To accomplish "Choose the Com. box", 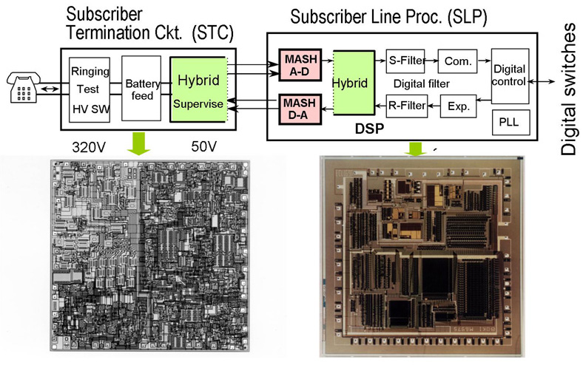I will click(458, 58).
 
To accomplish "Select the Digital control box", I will click(509, 75).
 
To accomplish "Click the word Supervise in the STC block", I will click(197, 104).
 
